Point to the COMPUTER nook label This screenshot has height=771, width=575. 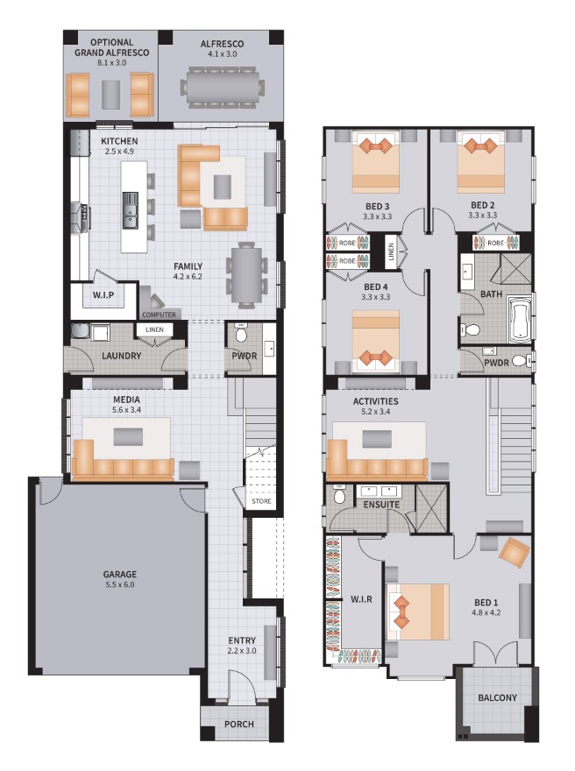point(160,314)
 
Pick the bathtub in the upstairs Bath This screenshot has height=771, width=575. point(519,317)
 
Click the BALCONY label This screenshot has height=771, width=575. point(497,698)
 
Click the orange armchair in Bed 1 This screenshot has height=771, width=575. point(513,552)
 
